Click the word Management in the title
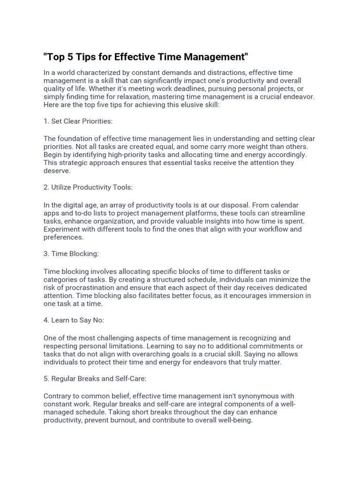click(214, 57)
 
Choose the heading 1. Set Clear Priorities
click(78, 121)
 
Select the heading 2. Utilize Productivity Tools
click(88, 187)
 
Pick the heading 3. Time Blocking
click(71, 254)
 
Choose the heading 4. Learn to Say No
click(74, 320)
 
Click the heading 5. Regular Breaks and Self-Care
click(96, 378)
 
